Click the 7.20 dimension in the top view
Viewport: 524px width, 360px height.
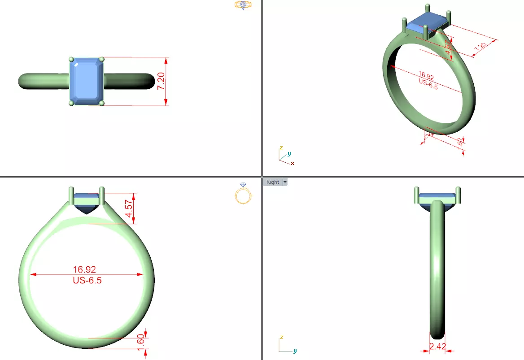(x=162, y=81)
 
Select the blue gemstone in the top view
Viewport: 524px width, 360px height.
(x=87, y=81)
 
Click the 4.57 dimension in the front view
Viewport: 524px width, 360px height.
(x=130, y=208)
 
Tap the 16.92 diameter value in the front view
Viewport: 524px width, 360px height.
(x=84, y=269)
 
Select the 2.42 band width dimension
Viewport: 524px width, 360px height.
(x=437, y=347)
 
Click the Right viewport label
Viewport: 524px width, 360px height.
(x=272, y=182)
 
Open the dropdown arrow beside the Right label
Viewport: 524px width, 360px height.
(x=284, y=182)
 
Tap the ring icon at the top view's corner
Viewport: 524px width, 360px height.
(x=243, y=5)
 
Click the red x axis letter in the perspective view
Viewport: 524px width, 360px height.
(x=293, y=163)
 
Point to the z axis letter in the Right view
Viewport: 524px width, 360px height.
(x=281, y=337)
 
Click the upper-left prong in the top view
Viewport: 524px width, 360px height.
(x=71, y=59)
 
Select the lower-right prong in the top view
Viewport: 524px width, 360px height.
(x=102, y=103)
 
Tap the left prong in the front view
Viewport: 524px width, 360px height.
(x=71, y=195)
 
